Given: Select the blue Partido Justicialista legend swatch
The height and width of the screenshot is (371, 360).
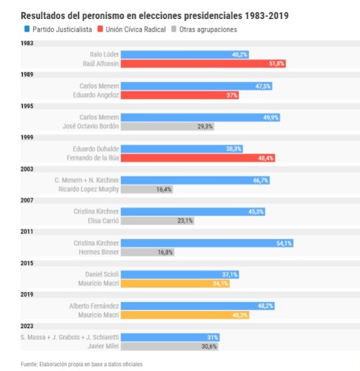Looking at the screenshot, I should pyautogui.click(x=27, y=29).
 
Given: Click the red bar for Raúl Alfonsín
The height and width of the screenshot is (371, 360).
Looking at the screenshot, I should pyautogui.click(x=204, y=64).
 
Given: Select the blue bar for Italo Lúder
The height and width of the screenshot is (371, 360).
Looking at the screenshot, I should pyautogui.click(x=185, y=54).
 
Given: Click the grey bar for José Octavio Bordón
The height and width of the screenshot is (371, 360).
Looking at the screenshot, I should pyautogui.click(x=168, y=126).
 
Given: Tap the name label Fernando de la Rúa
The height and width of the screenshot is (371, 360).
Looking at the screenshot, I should pyautogui.click(x=91, y=158).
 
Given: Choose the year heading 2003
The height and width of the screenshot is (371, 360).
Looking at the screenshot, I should pyautogui.click(x=27, y=169).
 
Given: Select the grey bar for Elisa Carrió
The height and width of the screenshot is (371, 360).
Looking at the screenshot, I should pyautogui.click(x=158, y=221).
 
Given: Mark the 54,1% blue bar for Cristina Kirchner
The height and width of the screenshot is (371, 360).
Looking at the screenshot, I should pyautogui.click(x=207, y=243).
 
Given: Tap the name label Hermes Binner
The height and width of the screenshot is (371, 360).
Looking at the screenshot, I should pyautogui.click(x=99, y=252).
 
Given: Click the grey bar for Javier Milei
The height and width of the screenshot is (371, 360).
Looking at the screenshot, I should pyautogui.click(x=170, y=347).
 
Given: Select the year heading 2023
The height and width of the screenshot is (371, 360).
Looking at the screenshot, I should pyautogui.click(x=27, y=326).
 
